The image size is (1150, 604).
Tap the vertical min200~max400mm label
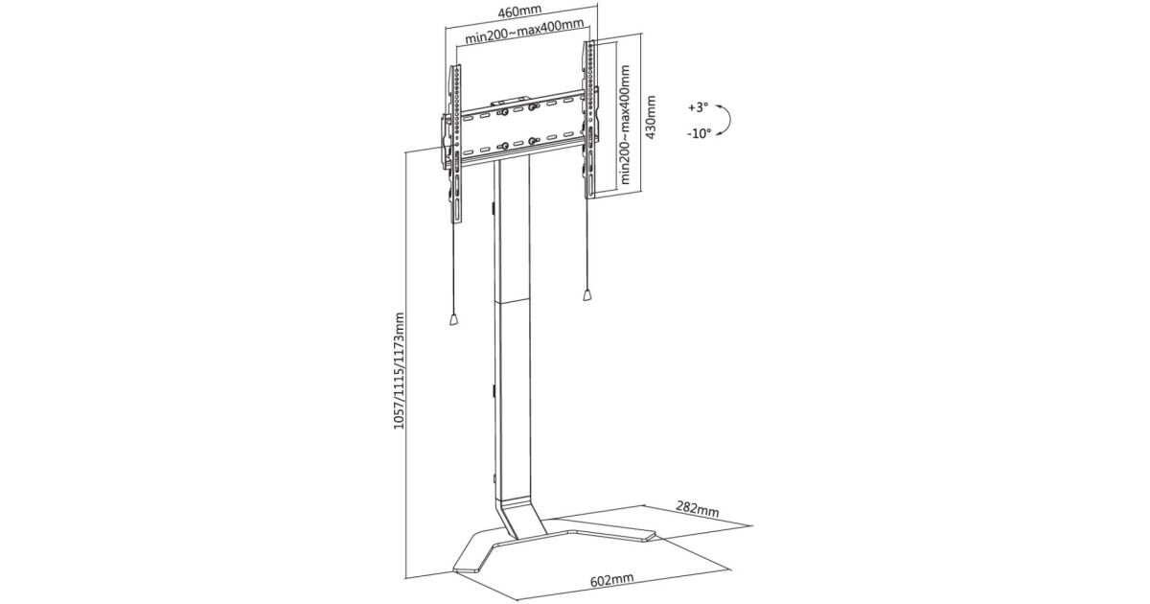(x=626, y=124)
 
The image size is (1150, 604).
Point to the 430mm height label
(x=651, y=117)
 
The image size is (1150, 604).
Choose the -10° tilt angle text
(x=698, y=134)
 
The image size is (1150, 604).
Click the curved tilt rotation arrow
(x=726, y=120)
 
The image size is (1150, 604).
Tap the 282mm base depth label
(x=697, y=510)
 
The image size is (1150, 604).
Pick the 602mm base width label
(x=610, y=580)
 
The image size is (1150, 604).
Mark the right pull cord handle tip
(x=585, y=298)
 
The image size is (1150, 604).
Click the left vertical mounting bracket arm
(x=455, y=144)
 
